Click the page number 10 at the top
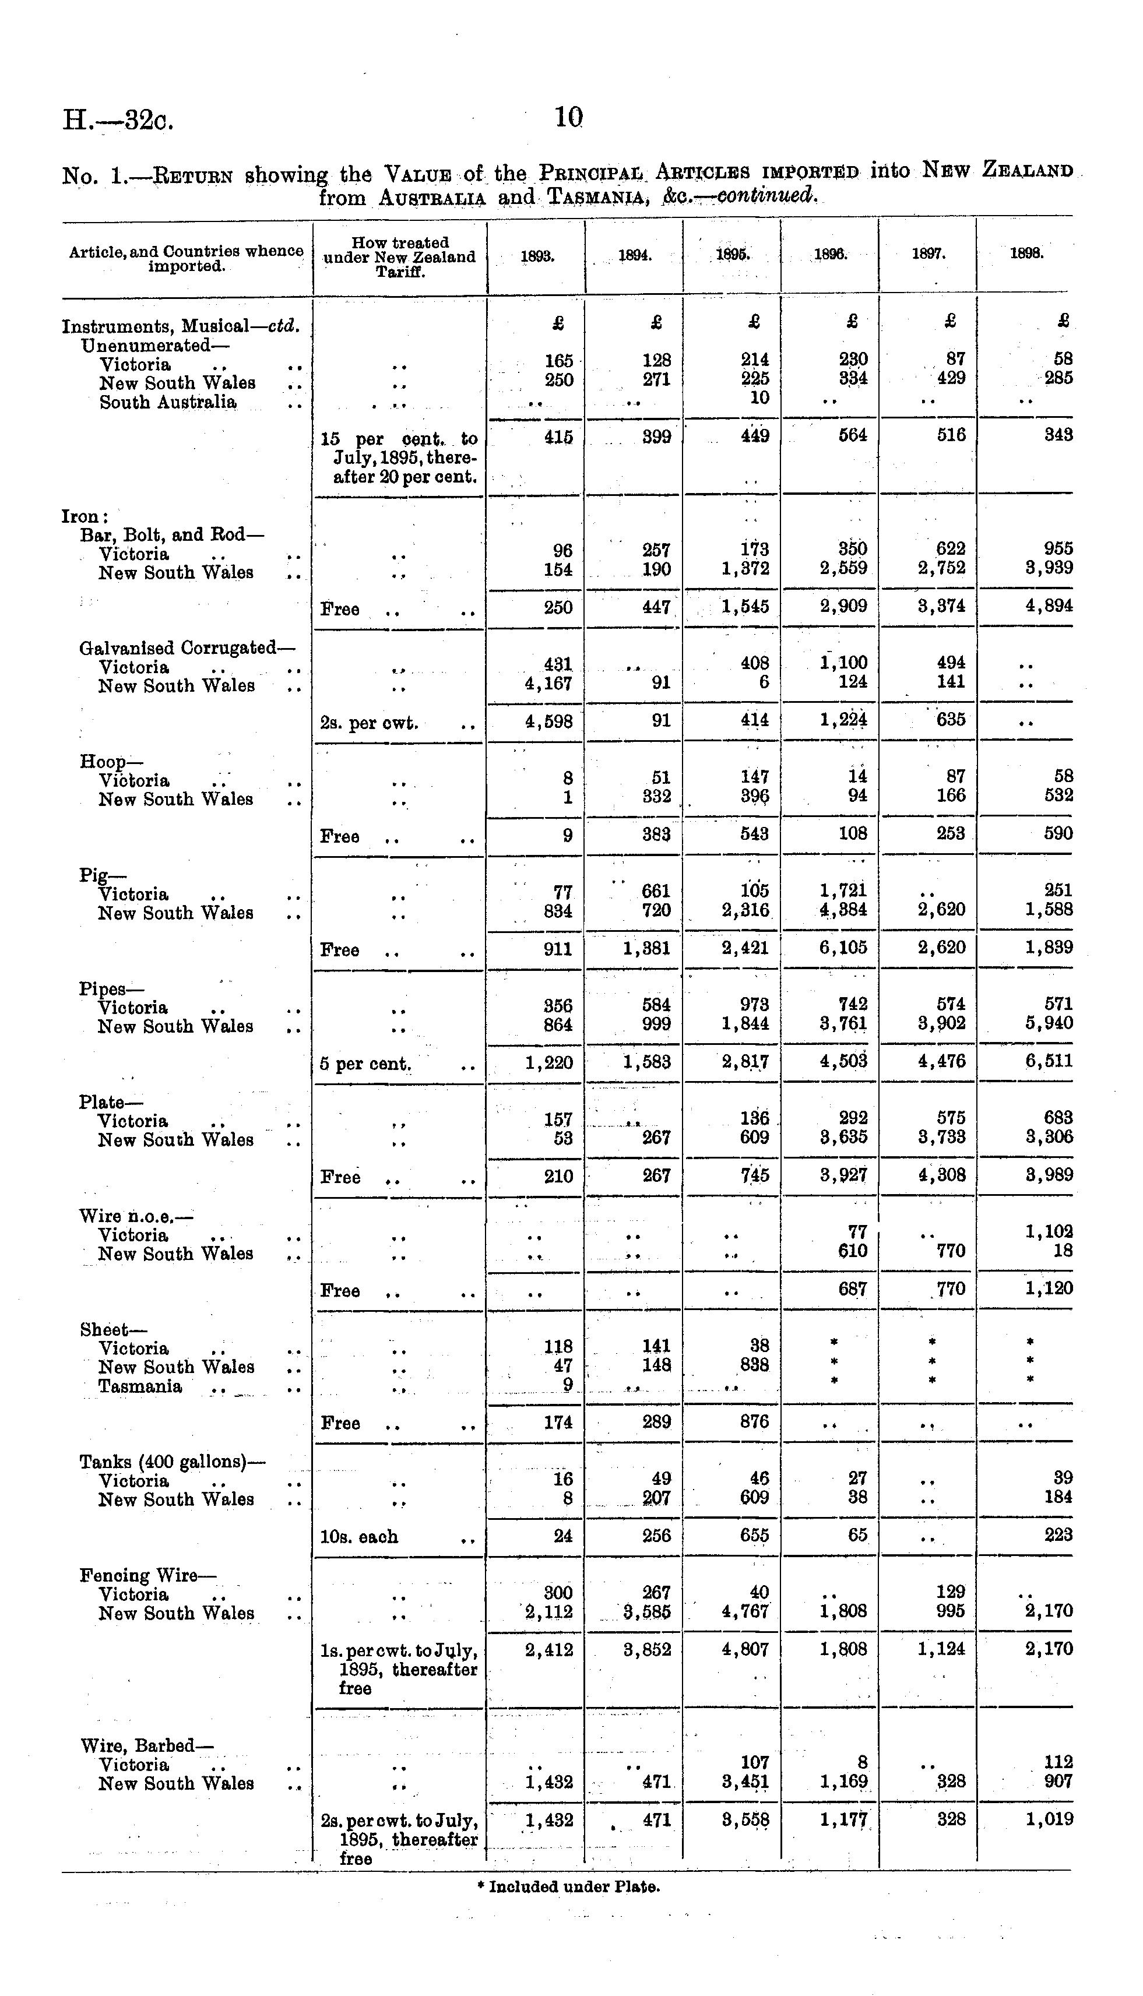click(568, 118)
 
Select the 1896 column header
click(829, 254)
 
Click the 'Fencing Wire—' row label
click(147, 1575)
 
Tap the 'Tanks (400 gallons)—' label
click(172, 1462)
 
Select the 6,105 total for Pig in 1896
click(843, 948)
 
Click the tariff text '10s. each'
click(359, 1537)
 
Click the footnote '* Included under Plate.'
click(568, 1887)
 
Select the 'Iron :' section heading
click(85, 516)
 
